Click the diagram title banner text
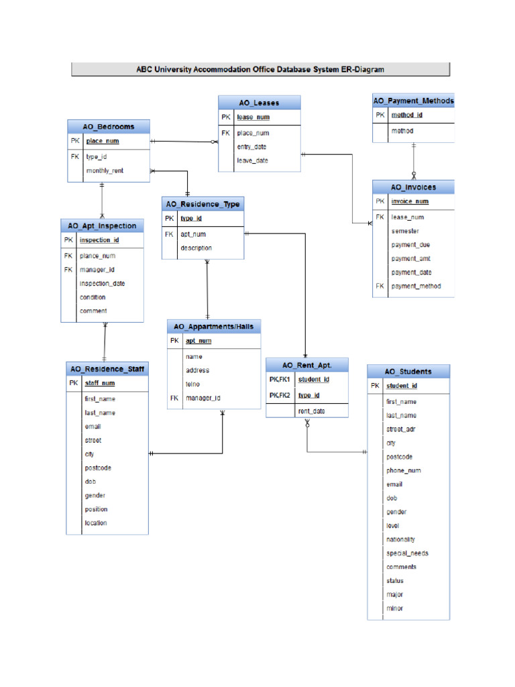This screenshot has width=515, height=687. [x=260, y=69]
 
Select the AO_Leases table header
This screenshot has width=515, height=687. [x=259, y=103]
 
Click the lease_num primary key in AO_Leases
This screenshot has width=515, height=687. [x=253, y=117]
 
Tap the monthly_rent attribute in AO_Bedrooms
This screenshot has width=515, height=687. [x=104, y=171]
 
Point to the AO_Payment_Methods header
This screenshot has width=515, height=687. [x=413, y=101]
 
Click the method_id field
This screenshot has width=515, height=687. [x=406, y=115]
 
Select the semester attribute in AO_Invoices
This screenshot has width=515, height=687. [x=405, y=231]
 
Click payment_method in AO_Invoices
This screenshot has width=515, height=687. [x=416, y=286]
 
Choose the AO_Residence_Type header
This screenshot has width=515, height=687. [x=203, y=204]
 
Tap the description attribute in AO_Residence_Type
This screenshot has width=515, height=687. [x=196, y=248]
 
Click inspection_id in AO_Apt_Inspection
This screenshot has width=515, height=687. [x=99, y=240]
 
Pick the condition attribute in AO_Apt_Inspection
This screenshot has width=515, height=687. [x=93, y=297]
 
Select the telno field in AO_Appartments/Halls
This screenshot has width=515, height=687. [x=192, y=384]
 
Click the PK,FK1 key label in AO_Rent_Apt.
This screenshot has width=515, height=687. [x=280, y=380]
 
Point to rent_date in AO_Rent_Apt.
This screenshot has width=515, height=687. [x=311, y=411]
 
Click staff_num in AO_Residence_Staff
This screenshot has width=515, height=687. [x=99, y=383]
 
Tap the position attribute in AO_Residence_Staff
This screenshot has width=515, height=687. [x=96, y=509]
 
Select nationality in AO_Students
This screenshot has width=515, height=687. [x=400, y=539]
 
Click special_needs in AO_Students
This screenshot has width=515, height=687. [x=407, y=553]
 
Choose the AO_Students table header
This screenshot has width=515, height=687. [x=408, y=372]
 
